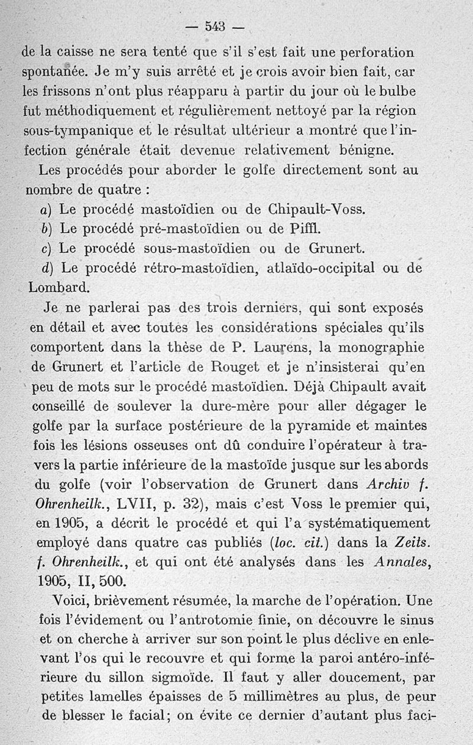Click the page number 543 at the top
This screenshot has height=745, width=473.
214,26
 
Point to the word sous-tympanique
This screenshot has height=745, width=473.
74,130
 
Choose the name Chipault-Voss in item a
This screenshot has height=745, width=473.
317,209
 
